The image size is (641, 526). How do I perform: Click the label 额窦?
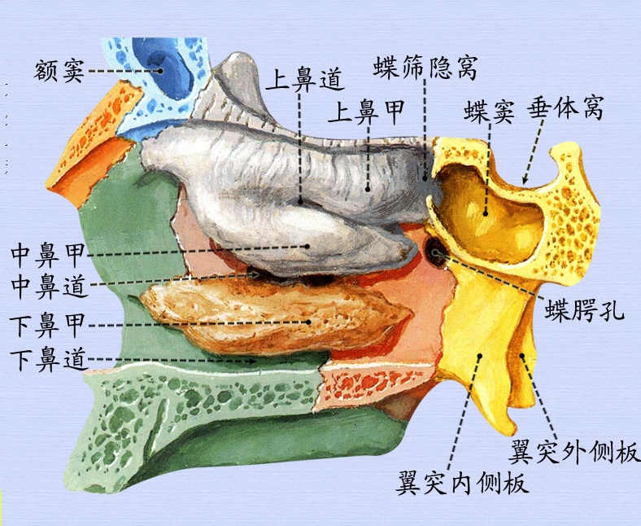[59, 70]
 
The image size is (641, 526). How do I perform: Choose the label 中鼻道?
[48, 285]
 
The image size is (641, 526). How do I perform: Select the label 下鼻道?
[48, 358]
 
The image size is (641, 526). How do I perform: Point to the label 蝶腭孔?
[584, 310]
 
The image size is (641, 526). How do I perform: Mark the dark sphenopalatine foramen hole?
[437, 252]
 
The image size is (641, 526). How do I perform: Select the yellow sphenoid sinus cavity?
[496, 212]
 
